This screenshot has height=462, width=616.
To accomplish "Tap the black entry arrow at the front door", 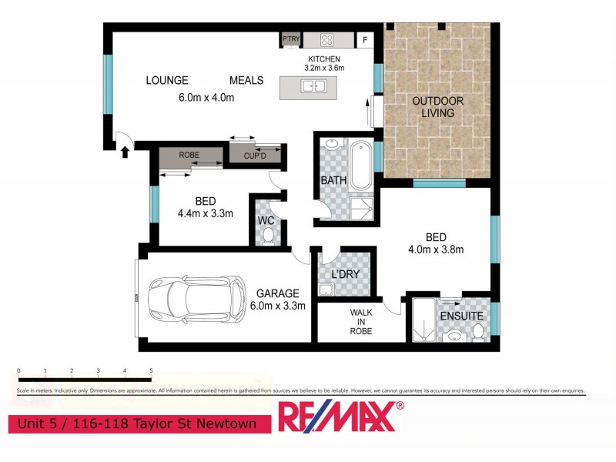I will pyautogui.click(x=125, y=152).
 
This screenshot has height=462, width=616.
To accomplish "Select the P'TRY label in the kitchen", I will pyautogui.click(x=290, y=38).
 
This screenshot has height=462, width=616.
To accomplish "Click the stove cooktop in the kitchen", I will pyautogui.click(x=326, y=39).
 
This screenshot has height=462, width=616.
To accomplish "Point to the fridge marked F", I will pyautogui.click(x=365, y=39).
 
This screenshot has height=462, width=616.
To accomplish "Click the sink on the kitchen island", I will pyautogui.click(x=313, y=85).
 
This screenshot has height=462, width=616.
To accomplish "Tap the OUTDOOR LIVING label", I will pyautogui.click(x=437, y=107).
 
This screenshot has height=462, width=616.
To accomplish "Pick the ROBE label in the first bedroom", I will pyautogui.click(x=189, y=155).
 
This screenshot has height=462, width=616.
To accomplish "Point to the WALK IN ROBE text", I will pyautogui.click(x=361, y=322).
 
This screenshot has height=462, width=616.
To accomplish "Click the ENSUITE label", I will pyautogui.click(x=461, y=316).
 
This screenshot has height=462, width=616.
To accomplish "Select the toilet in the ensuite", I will pyautogui.click(x=478, y=332).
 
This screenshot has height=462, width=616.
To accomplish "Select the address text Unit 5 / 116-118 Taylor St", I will pyautogui.click(x=139, y=423).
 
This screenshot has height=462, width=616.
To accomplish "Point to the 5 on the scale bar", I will pyautogui.click(x=151, y=370).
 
